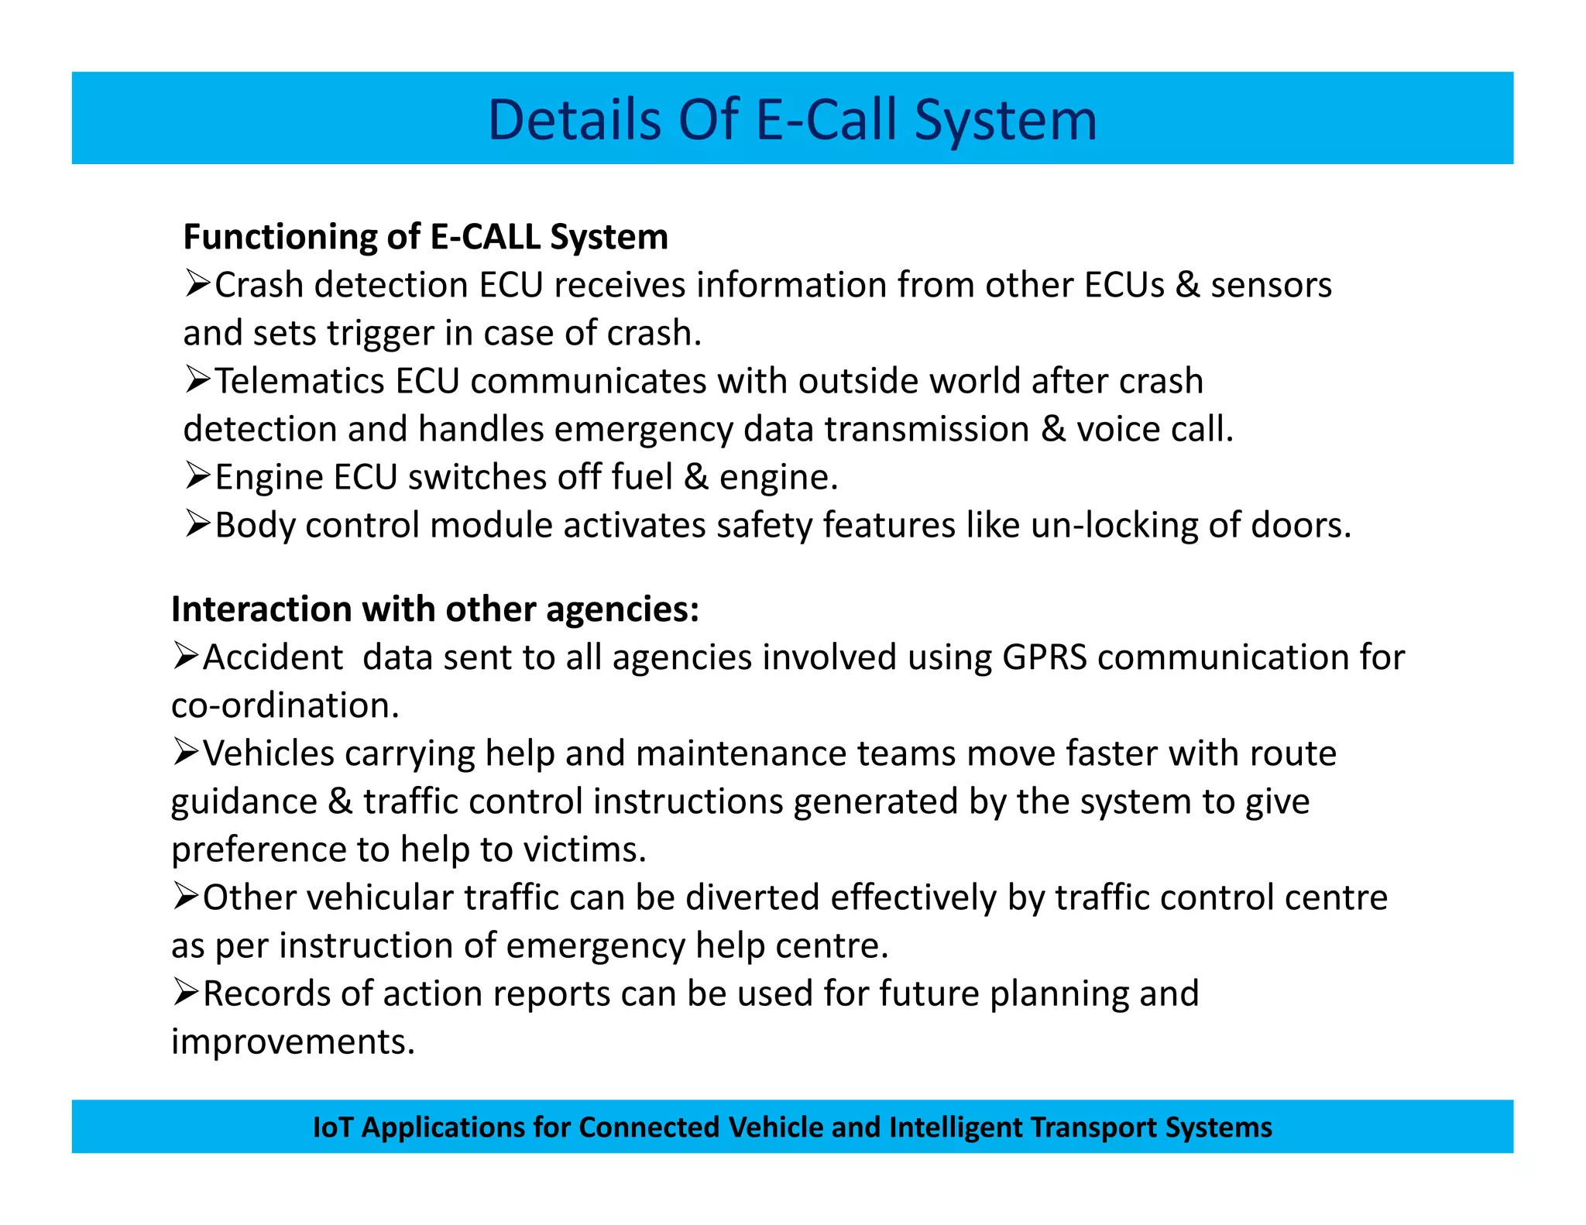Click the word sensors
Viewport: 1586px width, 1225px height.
(x=1271, y=285)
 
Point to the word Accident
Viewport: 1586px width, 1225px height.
(x=273, y=657)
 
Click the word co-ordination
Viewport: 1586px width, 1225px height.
(x=285, y=705)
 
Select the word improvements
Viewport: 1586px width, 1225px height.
(x=293, y=1041)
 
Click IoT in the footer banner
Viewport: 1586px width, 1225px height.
(x=333, y=1127)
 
